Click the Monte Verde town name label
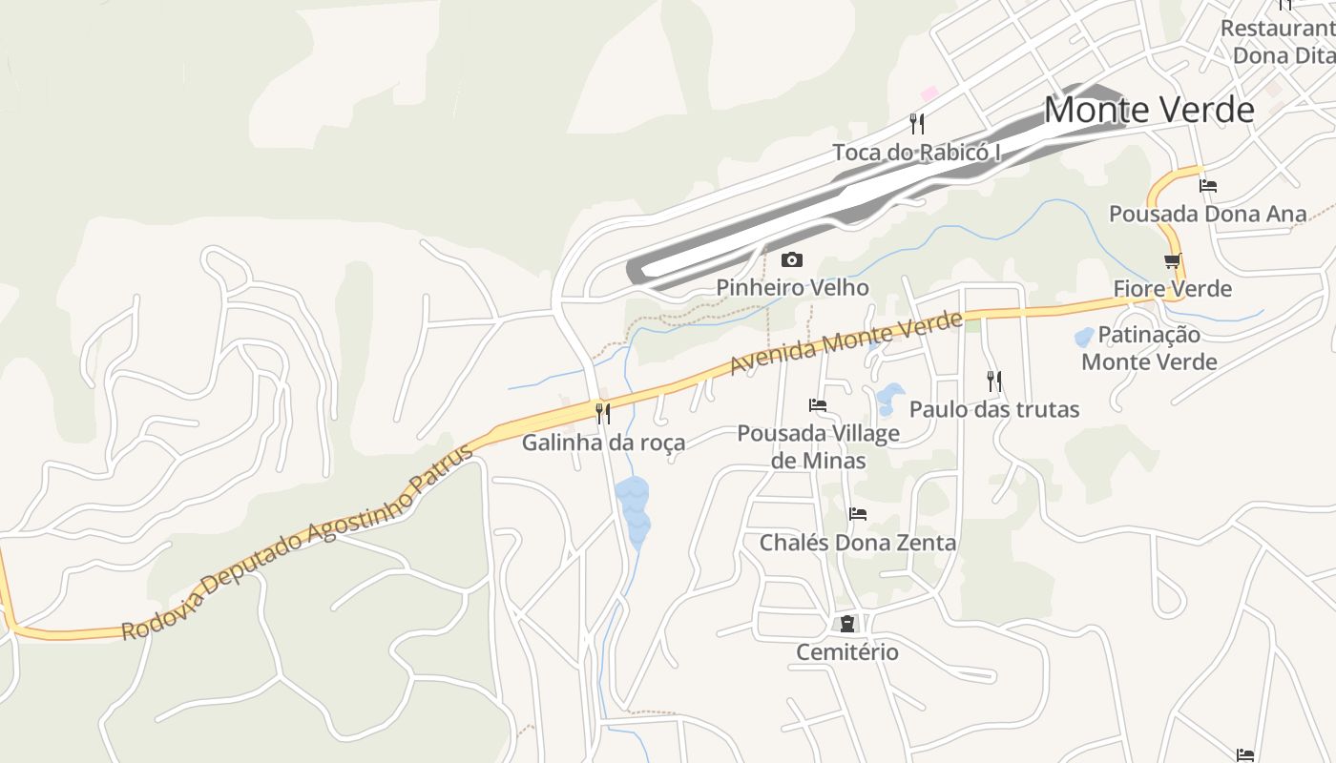click(1148, 110)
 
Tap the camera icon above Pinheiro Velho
click(791, 259)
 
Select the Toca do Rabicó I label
click(916, 152)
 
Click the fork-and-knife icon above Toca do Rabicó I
click(917, 123)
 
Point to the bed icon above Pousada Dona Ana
click(1208, 186)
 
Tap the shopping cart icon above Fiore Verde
click(1173, 260)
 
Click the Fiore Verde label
click(1173, 288)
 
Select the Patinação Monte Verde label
click(1149, 348)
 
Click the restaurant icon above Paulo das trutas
click(994, 381)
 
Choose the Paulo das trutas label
click(994, 409)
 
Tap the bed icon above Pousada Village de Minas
click(818, 405)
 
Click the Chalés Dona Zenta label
click(857, 542)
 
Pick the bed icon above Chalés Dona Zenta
click(858, 514)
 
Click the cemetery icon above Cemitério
click(846, 624)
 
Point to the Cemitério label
click(847, 651)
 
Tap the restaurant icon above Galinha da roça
click(603, 413)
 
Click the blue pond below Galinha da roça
click(633, 511)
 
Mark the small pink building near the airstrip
click(929, 93)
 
